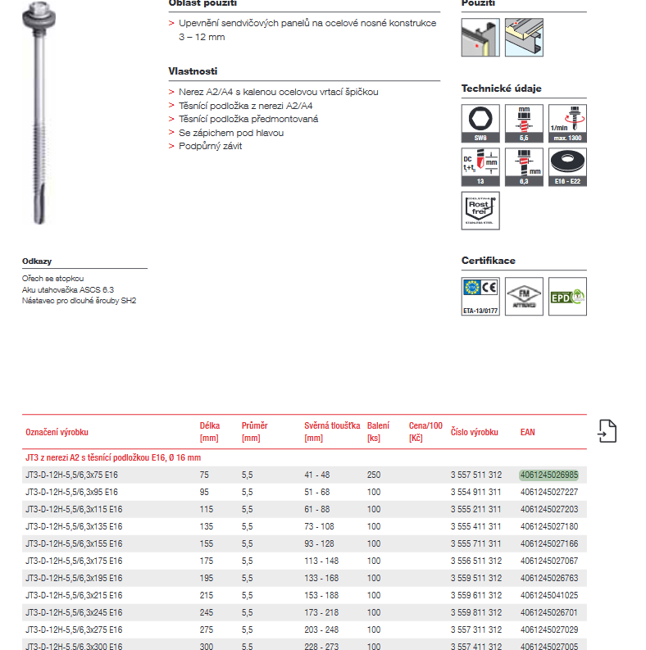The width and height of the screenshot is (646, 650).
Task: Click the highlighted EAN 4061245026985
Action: [548, 475]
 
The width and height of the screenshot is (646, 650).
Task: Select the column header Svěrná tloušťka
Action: [332, 426]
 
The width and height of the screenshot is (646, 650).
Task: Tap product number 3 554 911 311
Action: [475, 492]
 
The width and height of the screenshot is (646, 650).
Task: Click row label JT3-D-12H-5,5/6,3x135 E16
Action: [74, 526]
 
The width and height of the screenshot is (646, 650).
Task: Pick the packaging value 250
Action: [374, 475]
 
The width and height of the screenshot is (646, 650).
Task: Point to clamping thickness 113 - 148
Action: [321, 561]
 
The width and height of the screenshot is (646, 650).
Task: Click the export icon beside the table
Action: [607, 431]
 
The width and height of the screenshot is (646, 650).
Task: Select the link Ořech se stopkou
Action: [52, 279]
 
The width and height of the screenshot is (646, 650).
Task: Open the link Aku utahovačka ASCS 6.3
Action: [68, 289]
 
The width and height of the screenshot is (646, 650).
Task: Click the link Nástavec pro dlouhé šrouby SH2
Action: [79, 300]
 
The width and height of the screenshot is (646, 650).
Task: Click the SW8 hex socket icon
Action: [480, 123]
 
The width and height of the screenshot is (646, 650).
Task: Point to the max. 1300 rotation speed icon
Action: [567, 123]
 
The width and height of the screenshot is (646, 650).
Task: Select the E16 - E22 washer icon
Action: [567, 166]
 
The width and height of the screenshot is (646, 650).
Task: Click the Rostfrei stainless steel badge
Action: [480, 210]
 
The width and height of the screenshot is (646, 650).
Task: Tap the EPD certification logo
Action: [567, 298]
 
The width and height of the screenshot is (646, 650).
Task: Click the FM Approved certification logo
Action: [524, 297]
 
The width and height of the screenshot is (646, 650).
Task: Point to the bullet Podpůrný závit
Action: [211, 146]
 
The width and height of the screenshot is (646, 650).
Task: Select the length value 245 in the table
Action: [205, 612]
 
